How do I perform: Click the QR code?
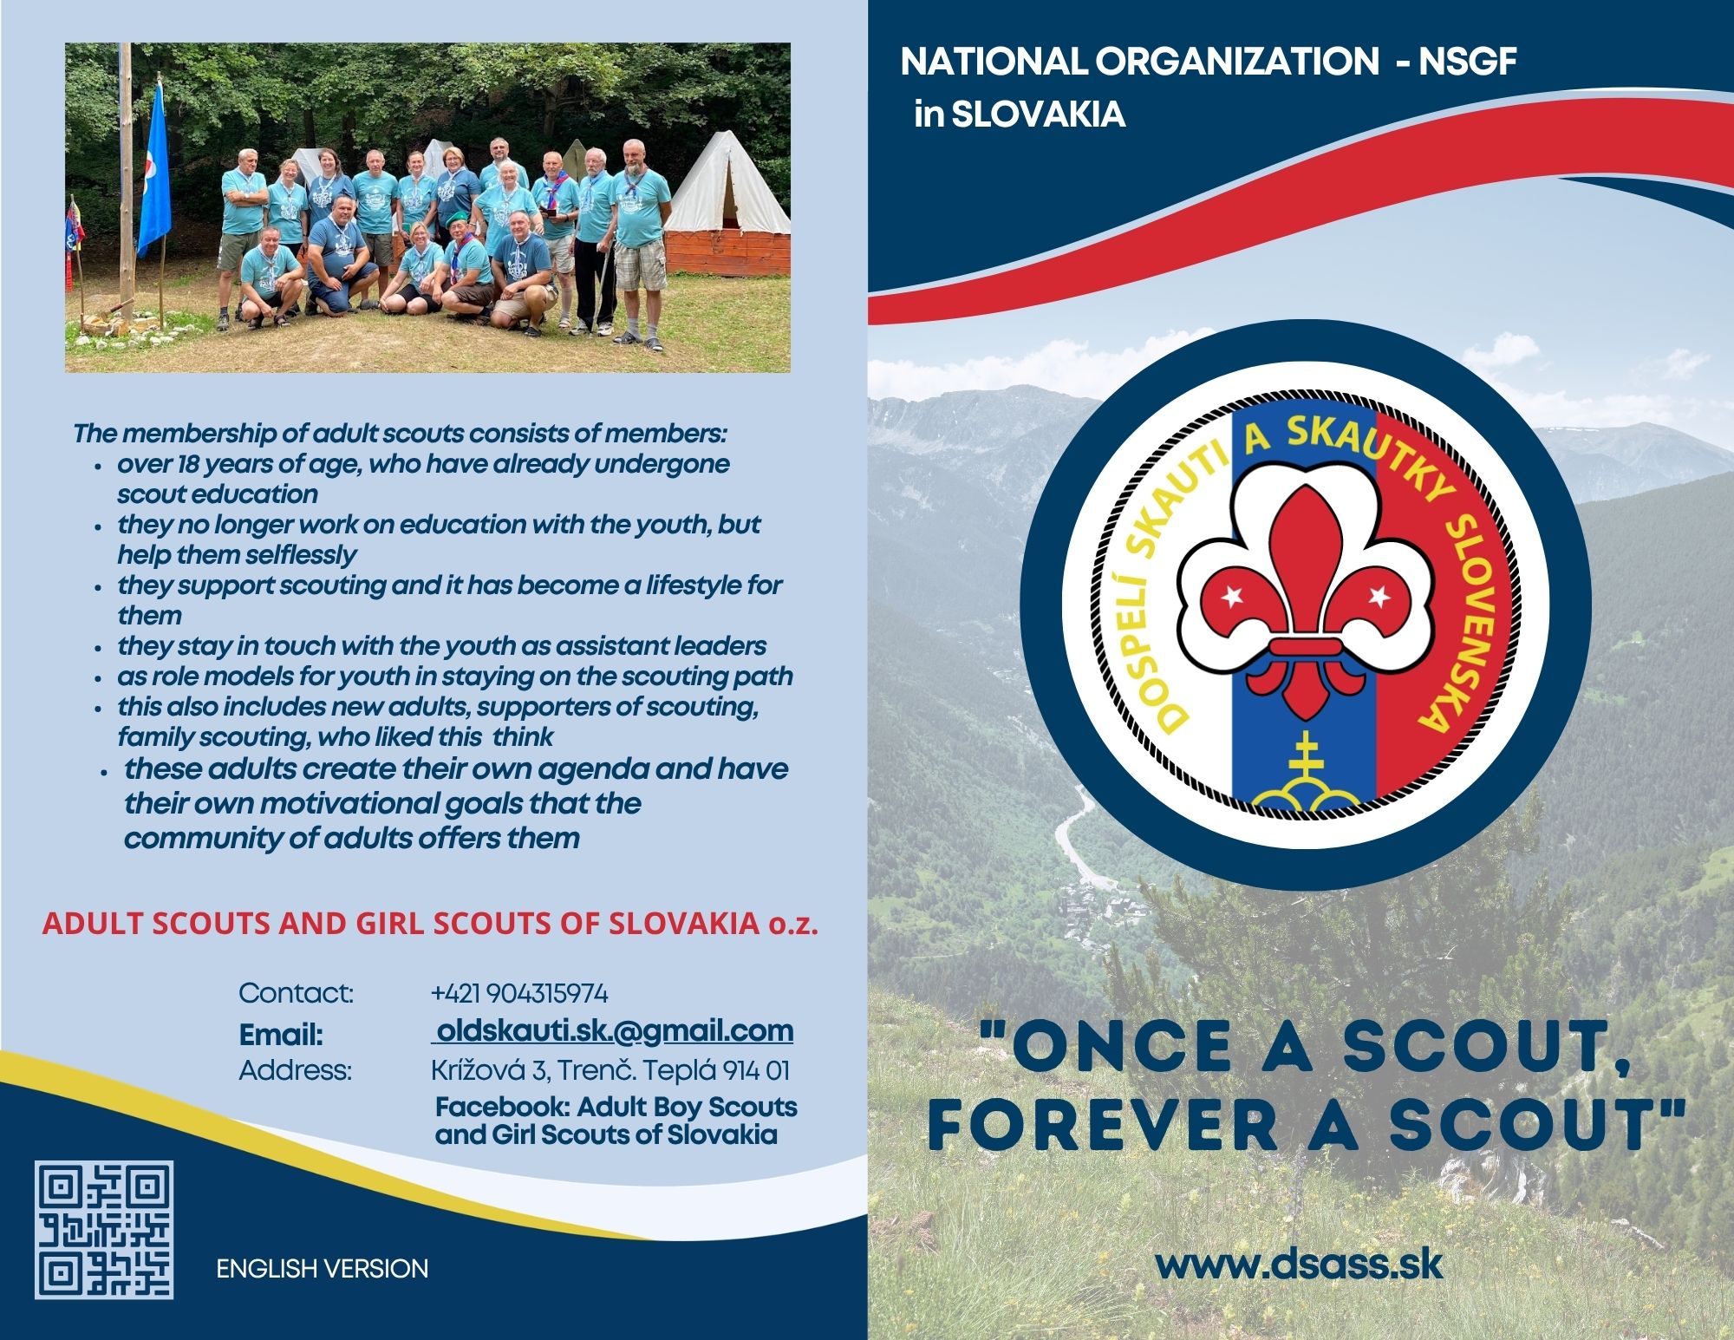(104, 1230)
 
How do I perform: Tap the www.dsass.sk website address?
(1299, 1264)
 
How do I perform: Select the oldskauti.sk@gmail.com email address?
(613, 1030)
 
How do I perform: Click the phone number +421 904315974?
(519, 993)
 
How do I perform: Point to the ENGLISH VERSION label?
(323, 1269)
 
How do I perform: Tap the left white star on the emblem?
(1231, 596)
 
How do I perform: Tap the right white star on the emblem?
(1378, 596)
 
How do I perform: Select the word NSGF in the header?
(1467, 62)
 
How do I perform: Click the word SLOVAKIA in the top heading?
(1039, 114)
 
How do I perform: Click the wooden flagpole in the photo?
(127, 173)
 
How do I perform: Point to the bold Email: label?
(281, 1035)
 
